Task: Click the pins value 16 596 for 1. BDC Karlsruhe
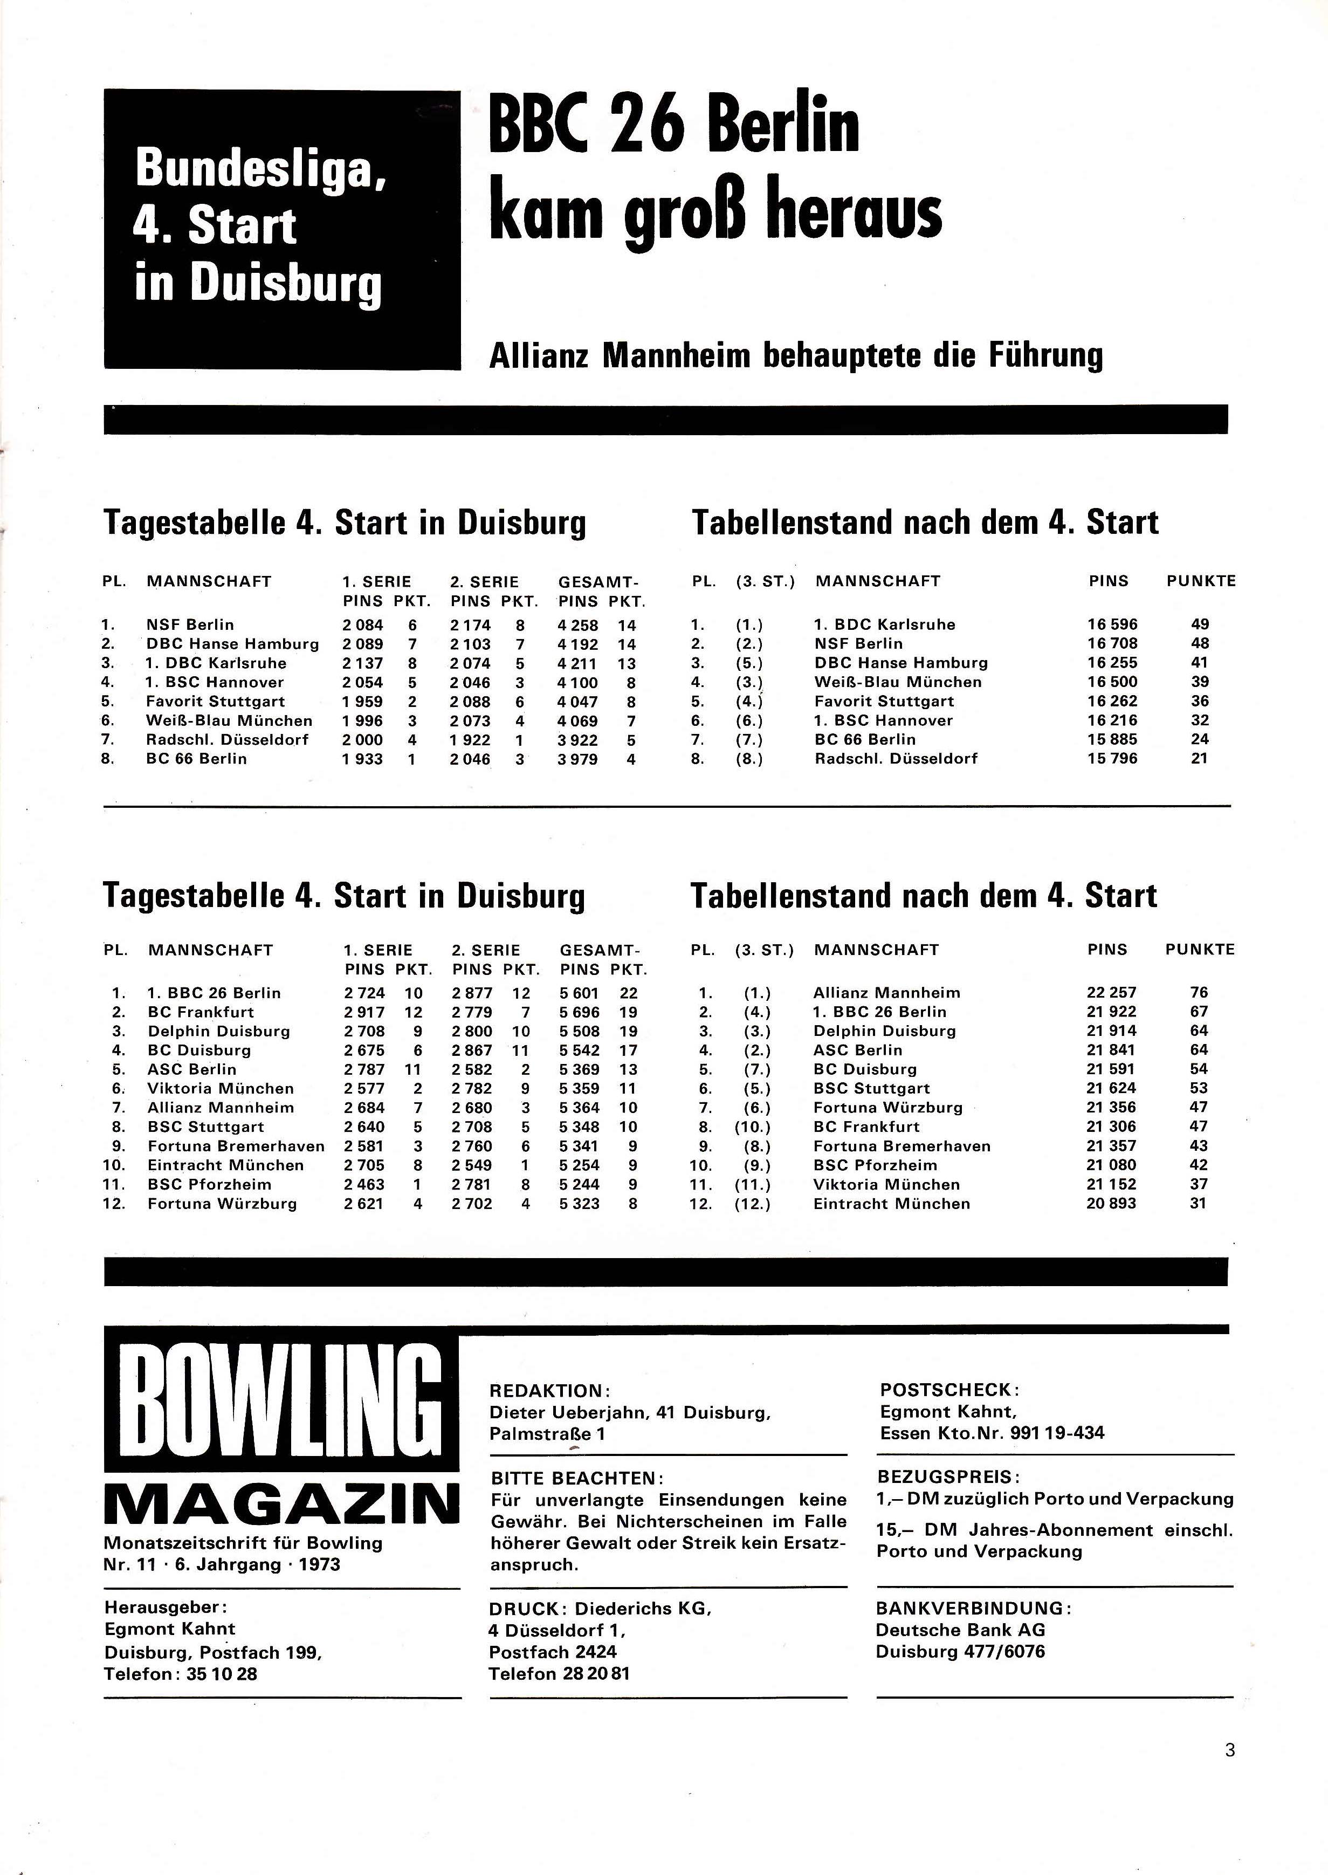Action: click(x=1112, y=624)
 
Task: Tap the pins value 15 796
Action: click(x=1112, y=759)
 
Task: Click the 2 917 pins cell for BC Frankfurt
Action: click(x=364, y=1012)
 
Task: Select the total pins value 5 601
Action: click(x=580, y=993)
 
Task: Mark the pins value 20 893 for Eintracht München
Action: click(x=1111, y=1204)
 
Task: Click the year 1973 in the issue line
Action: click(x=320, y=1564)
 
